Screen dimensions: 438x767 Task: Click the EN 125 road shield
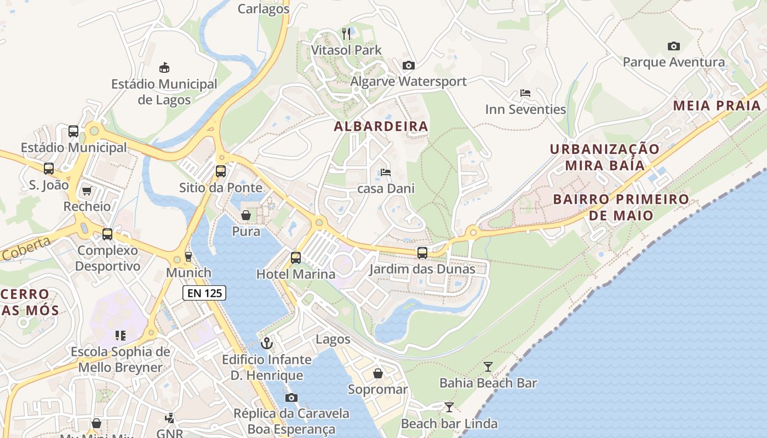[x=204, y=293]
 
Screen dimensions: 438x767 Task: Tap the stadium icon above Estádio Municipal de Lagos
[x=164, y=68]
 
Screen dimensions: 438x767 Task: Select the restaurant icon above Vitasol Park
[x=346, y=34]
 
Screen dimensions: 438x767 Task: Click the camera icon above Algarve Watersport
[x=408, y=66]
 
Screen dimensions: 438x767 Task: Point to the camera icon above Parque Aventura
[x=673, y=47]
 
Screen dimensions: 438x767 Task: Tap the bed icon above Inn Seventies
[x=525, y=93]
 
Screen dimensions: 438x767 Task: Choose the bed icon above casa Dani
[x=386, y=172]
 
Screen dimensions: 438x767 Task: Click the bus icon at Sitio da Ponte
[x=221, y=171]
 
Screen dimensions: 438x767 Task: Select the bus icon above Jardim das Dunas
[x=422, y=253]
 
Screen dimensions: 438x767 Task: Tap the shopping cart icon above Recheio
[x=87, y=191]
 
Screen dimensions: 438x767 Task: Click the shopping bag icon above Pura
[x=246, y=215]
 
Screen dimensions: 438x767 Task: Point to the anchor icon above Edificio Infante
[x=267, y=343]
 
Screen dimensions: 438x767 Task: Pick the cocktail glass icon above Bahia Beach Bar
[x=488, y=367]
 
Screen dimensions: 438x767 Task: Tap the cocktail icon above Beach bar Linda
[x=449, y=407]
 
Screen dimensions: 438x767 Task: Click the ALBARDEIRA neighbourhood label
[x=381, y=126]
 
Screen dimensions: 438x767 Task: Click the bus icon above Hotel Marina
[x=296, y=257]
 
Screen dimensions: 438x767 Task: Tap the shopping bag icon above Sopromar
[x=378, y=373]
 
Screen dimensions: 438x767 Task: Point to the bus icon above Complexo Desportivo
[x=107, y=234]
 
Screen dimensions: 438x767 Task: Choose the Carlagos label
[x=263, y=9]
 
